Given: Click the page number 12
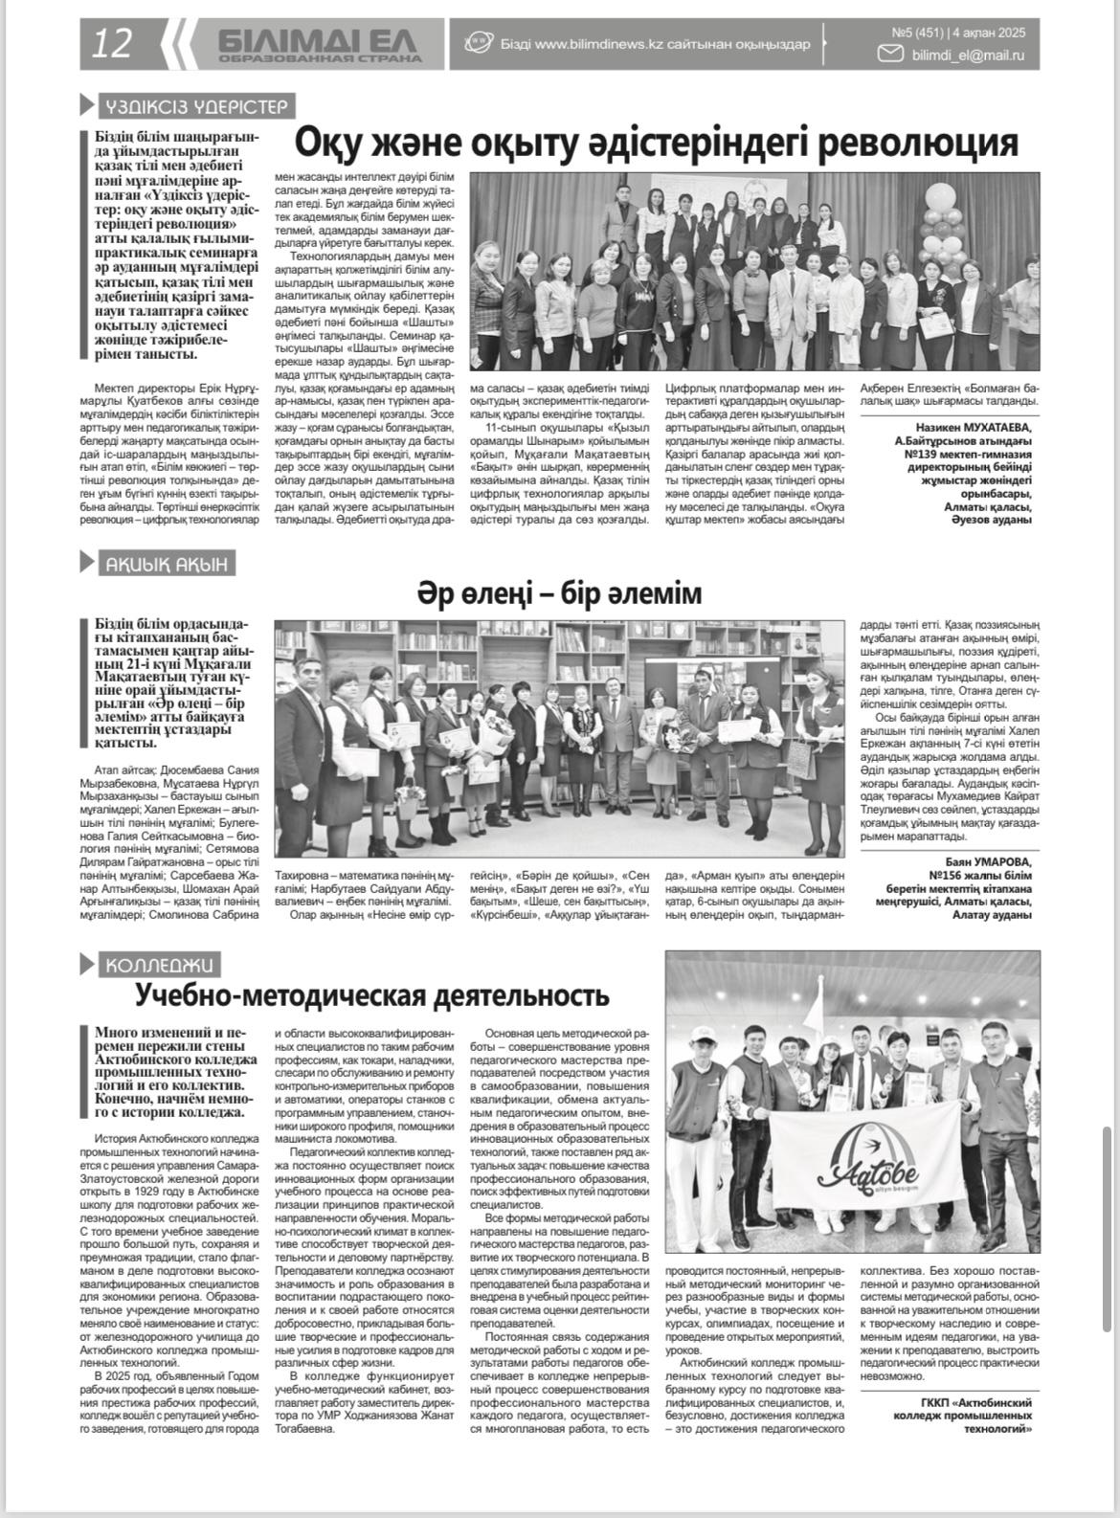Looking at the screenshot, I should (112, 44).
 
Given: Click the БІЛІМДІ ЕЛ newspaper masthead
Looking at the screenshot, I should (318, 39).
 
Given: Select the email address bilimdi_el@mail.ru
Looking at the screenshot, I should (968, 56).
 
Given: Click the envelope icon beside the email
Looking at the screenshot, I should (891, 56).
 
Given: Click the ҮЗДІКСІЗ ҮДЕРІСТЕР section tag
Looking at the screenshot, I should (196, 106).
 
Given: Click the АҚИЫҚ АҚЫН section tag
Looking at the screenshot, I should (167, 564).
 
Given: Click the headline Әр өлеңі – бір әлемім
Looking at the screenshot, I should (559, 594).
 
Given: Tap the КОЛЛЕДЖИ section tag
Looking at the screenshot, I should (159, 965).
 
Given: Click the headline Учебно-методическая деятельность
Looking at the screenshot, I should (372, 996).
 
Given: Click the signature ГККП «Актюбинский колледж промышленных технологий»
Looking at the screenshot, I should (962, 1415).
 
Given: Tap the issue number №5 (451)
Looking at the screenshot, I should (926, 33).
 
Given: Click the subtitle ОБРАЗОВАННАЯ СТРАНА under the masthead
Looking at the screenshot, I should (319, 58).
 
